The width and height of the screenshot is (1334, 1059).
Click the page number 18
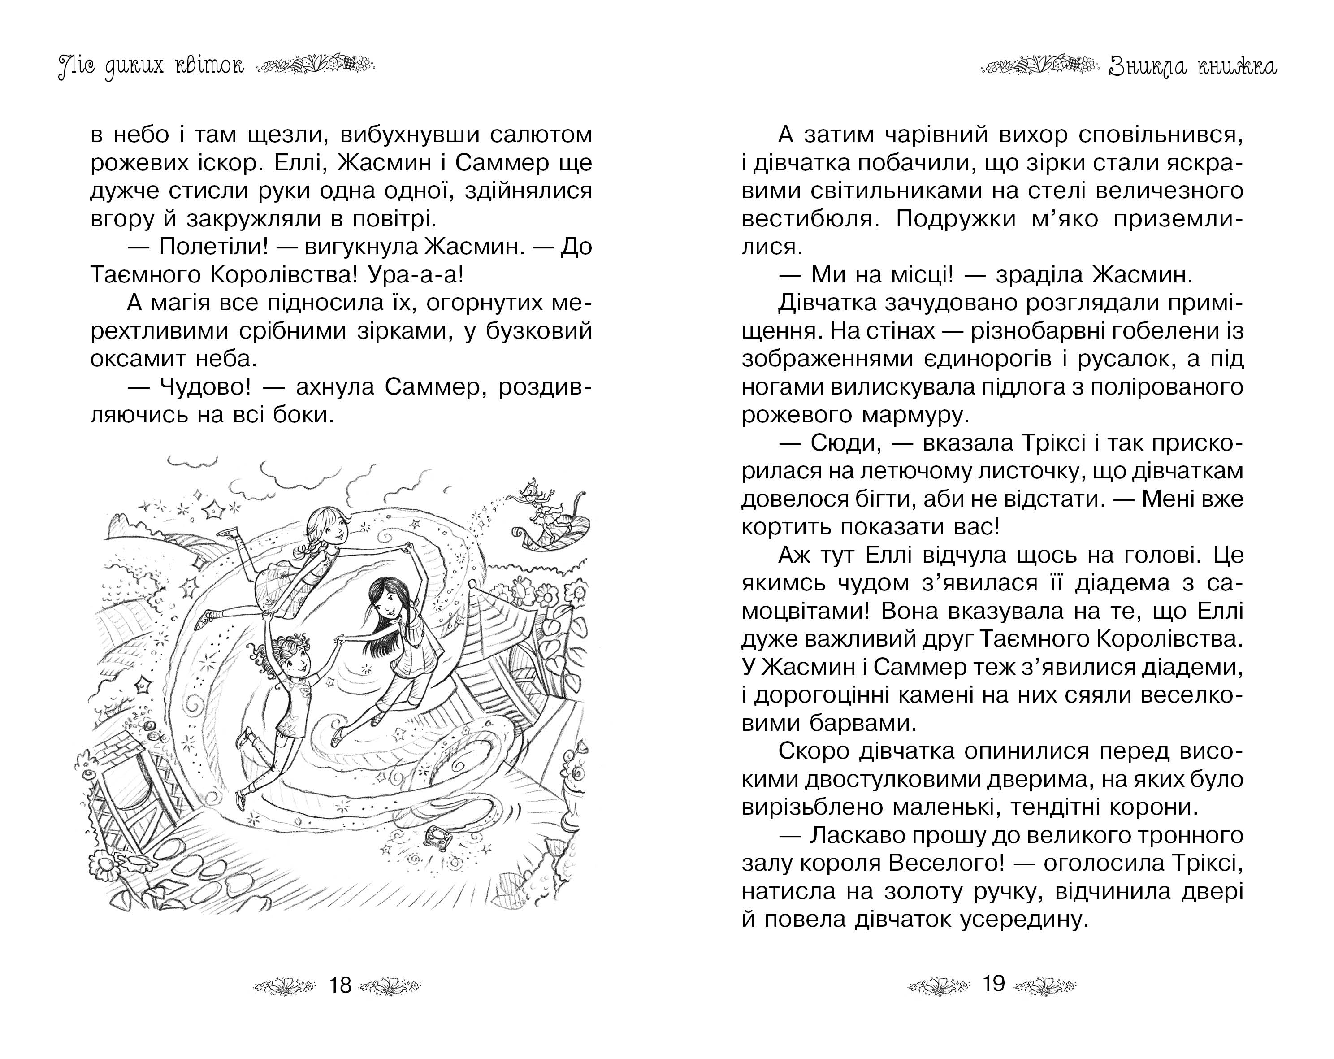(x=340, y=985)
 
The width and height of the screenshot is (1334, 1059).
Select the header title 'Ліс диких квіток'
(x=151, y=65)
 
